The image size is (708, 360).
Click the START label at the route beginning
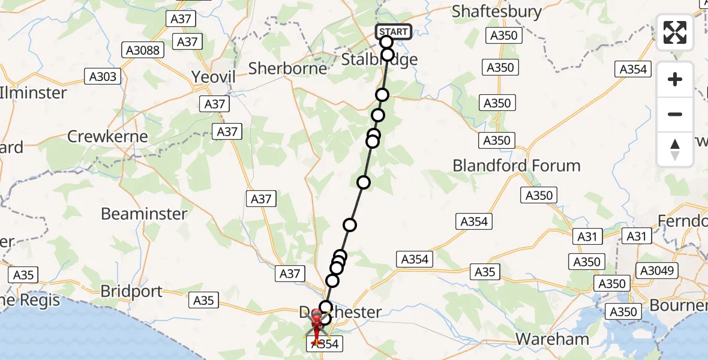[x=394, y=32]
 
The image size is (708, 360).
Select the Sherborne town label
[x=288, y=68]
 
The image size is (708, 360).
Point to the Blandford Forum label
[x=517, y=166]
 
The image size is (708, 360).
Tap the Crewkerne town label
[x=107, y=136]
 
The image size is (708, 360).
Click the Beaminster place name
[x=144, y=214]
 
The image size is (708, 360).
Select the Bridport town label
[x=131, y=292]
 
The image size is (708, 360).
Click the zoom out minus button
[x=675, y=114]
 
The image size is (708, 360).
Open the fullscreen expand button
[x=675, y=32]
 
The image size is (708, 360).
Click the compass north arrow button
[x=675, y=149]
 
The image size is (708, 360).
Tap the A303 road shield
[x=103, y=76]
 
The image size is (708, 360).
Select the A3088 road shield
[x=142, y=50]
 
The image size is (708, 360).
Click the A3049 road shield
[x=659, y=271]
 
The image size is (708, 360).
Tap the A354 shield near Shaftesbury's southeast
[x=632, y=69]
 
